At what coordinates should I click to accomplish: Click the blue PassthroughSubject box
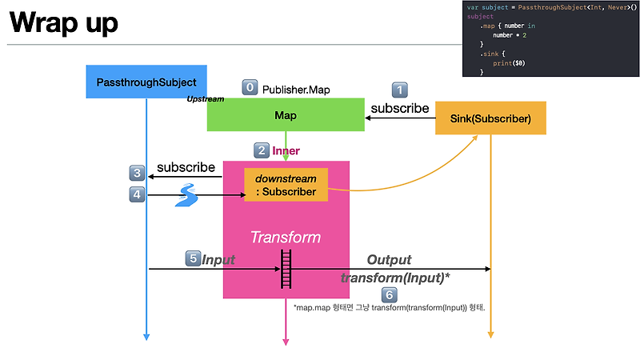(146, 82)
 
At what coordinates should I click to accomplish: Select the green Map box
(286, 115)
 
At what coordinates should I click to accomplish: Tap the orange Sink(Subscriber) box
(490, 118)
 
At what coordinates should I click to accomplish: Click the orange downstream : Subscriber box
(286, 185)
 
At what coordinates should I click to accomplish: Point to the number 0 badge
(250, 87)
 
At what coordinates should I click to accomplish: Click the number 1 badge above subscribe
(398, 90)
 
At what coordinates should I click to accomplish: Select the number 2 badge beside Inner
(261, 150)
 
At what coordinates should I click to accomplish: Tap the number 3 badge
(137, 172)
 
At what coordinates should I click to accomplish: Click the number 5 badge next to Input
(192, 258)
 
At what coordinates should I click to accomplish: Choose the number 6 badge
(389, 294)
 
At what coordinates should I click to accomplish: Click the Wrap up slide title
(64, 22)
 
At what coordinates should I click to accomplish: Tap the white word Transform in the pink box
(286, 237)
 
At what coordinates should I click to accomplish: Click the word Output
(389, 259)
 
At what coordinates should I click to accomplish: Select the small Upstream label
(205, 99)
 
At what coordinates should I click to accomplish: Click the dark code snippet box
(550, 39)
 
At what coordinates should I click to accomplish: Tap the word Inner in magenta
(286, 150)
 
